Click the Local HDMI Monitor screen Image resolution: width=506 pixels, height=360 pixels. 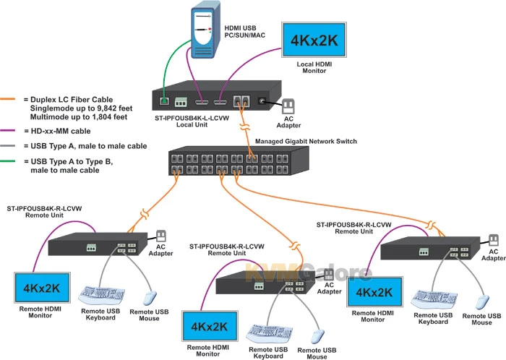click(x=314, y=40)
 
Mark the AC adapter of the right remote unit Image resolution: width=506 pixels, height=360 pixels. click(x=492, y=241)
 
